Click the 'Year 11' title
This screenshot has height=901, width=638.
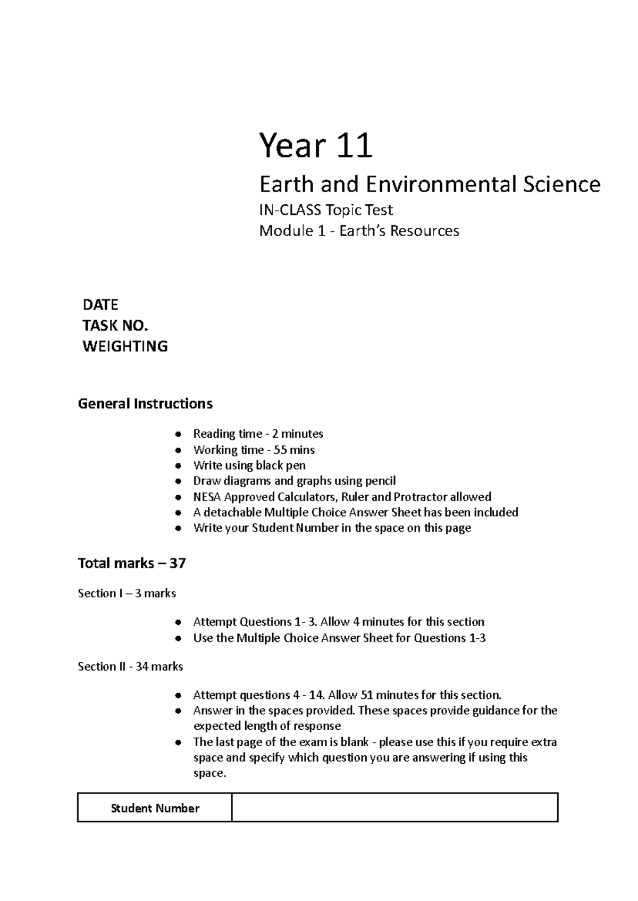315,146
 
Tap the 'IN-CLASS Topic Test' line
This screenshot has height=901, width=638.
326,210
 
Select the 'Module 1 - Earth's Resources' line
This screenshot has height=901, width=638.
359,231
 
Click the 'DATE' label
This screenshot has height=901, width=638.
100,305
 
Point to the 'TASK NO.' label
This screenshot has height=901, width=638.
115,326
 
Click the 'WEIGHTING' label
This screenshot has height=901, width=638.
125,346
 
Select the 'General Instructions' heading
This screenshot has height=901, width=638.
145,404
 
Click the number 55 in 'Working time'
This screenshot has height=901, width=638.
280,450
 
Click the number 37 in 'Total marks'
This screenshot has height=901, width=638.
178,563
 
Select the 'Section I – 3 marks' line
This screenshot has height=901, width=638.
127,593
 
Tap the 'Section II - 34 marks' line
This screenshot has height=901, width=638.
130,666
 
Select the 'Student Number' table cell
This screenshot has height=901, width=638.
155,808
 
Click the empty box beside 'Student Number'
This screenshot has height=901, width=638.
394,807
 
